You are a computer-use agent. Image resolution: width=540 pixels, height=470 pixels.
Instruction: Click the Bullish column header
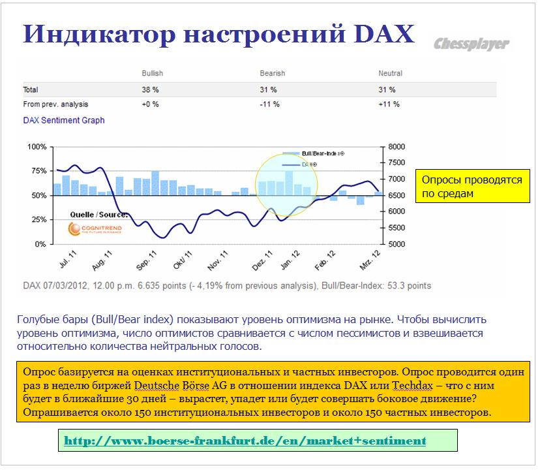(152, 73)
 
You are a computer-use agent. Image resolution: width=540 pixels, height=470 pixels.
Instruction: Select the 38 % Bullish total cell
(150, 89)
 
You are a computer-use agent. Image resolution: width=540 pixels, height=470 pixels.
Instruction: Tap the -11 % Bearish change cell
(269, 104)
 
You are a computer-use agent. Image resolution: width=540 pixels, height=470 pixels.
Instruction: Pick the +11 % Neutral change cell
(389, 104)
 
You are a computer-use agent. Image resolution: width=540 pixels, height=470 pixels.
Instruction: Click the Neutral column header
(390, 73)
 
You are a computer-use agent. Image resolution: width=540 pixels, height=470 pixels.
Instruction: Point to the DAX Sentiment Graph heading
(64, 120)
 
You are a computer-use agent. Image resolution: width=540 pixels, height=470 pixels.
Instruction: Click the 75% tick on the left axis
(39, 171)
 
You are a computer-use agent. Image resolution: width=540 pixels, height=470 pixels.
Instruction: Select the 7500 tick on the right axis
(397, 163)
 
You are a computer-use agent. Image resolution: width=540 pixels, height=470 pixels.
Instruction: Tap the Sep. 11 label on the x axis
(146, 260)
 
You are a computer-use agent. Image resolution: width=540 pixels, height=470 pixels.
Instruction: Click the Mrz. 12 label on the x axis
(370, 260)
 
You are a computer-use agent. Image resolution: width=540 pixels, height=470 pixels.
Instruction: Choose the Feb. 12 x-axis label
(325, 260)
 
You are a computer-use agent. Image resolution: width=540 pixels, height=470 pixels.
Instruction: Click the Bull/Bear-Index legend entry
(314, 153)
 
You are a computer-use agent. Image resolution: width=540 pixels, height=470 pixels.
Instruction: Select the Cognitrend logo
(95, 228)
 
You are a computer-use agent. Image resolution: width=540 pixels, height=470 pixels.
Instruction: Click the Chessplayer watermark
(471, 44)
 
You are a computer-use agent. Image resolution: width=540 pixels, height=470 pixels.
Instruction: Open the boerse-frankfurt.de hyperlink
(245, 441)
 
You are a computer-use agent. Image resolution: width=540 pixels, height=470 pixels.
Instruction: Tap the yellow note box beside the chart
(472, 186)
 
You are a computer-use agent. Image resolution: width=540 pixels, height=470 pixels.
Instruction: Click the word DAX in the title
(384, 34)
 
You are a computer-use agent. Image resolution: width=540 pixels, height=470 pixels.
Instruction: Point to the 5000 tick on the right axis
(397, 244)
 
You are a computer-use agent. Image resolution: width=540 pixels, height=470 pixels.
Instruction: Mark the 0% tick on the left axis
(40, 244)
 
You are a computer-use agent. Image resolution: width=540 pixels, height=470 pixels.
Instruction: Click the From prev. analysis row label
(55, 104)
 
